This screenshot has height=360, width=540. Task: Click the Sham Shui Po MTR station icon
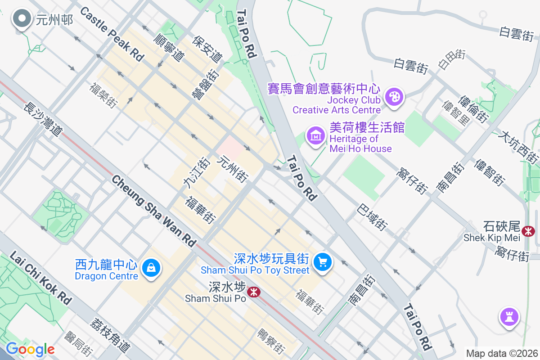click(254, 292)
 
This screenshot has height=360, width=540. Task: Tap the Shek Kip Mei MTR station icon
click(529, 231)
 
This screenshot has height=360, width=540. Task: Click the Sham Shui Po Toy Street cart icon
click(322, 261)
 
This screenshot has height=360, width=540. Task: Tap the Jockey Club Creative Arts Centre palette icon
click(394, 97)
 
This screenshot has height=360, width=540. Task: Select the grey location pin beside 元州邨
click(21, 19)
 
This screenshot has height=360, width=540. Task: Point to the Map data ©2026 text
click(501, 353)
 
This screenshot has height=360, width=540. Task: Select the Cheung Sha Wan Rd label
click(154, 211)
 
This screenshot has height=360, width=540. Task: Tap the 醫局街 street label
click(79, 344)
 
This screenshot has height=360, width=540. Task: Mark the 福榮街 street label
click(103, 95)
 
